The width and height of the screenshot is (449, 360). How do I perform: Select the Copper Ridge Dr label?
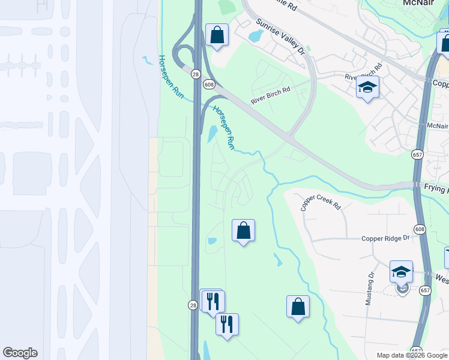pos(385,238)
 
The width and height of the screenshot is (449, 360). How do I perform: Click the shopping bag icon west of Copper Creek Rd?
pos(243,230)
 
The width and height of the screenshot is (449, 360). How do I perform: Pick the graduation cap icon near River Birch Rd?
pos(367,88)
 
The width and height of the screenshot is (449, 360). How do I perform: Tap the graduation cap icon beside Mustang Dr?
pos(401,271)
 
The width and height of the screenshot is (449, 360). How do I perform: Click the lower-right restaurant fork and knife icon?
pos(227,325)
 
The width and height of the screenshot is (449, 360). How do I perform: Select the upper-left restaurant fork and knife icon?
pos(212,301)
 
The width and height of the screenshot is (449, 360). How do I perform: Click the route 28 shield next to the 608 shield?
pos(196,74)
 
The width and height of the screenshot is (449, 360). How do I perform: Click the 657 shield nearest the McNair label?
pos(417,154)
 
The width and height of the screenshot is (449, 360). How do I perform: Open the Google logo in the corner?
pos(20,353)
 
